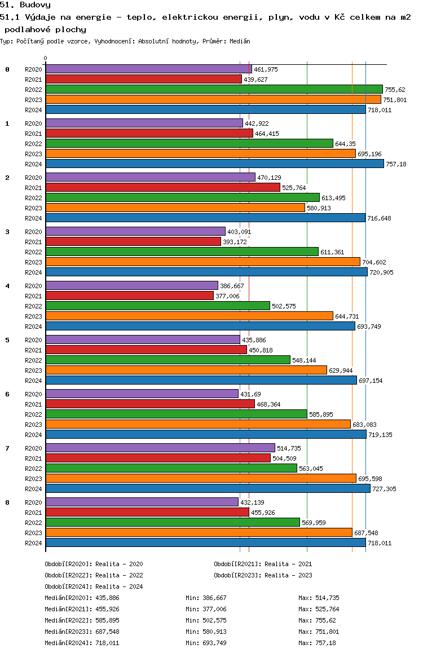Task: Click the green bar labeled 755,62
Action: pos(214,89)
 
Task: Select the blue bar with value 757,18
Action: pos(215,164)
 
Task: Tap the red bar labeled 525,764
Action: pos(163,187)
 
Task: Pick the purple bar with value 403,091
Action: pos(135,231)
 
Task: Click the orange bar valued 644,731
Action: pos(190,316)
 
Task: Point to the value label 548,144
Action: pos(304,360)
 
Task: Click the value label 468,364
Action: pos(268,404)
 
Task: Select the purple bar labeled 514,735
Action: pos(160,448)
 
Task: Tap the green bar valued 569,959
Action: pos(173,522)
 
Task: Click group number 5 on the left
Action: pos(7,340)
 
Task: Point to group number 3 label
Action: pos(7,232)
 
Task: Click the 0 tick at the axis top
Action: pos(45,58)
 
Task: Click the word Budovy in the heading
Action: pos(36,5)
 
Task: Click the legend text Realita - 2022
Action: pos(119,575)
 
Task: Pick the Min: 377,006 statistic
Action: pos(206,609)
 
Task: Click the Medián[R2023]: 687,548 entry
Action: pos(82,632)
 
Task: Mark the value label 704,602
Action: pos(374,262)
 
